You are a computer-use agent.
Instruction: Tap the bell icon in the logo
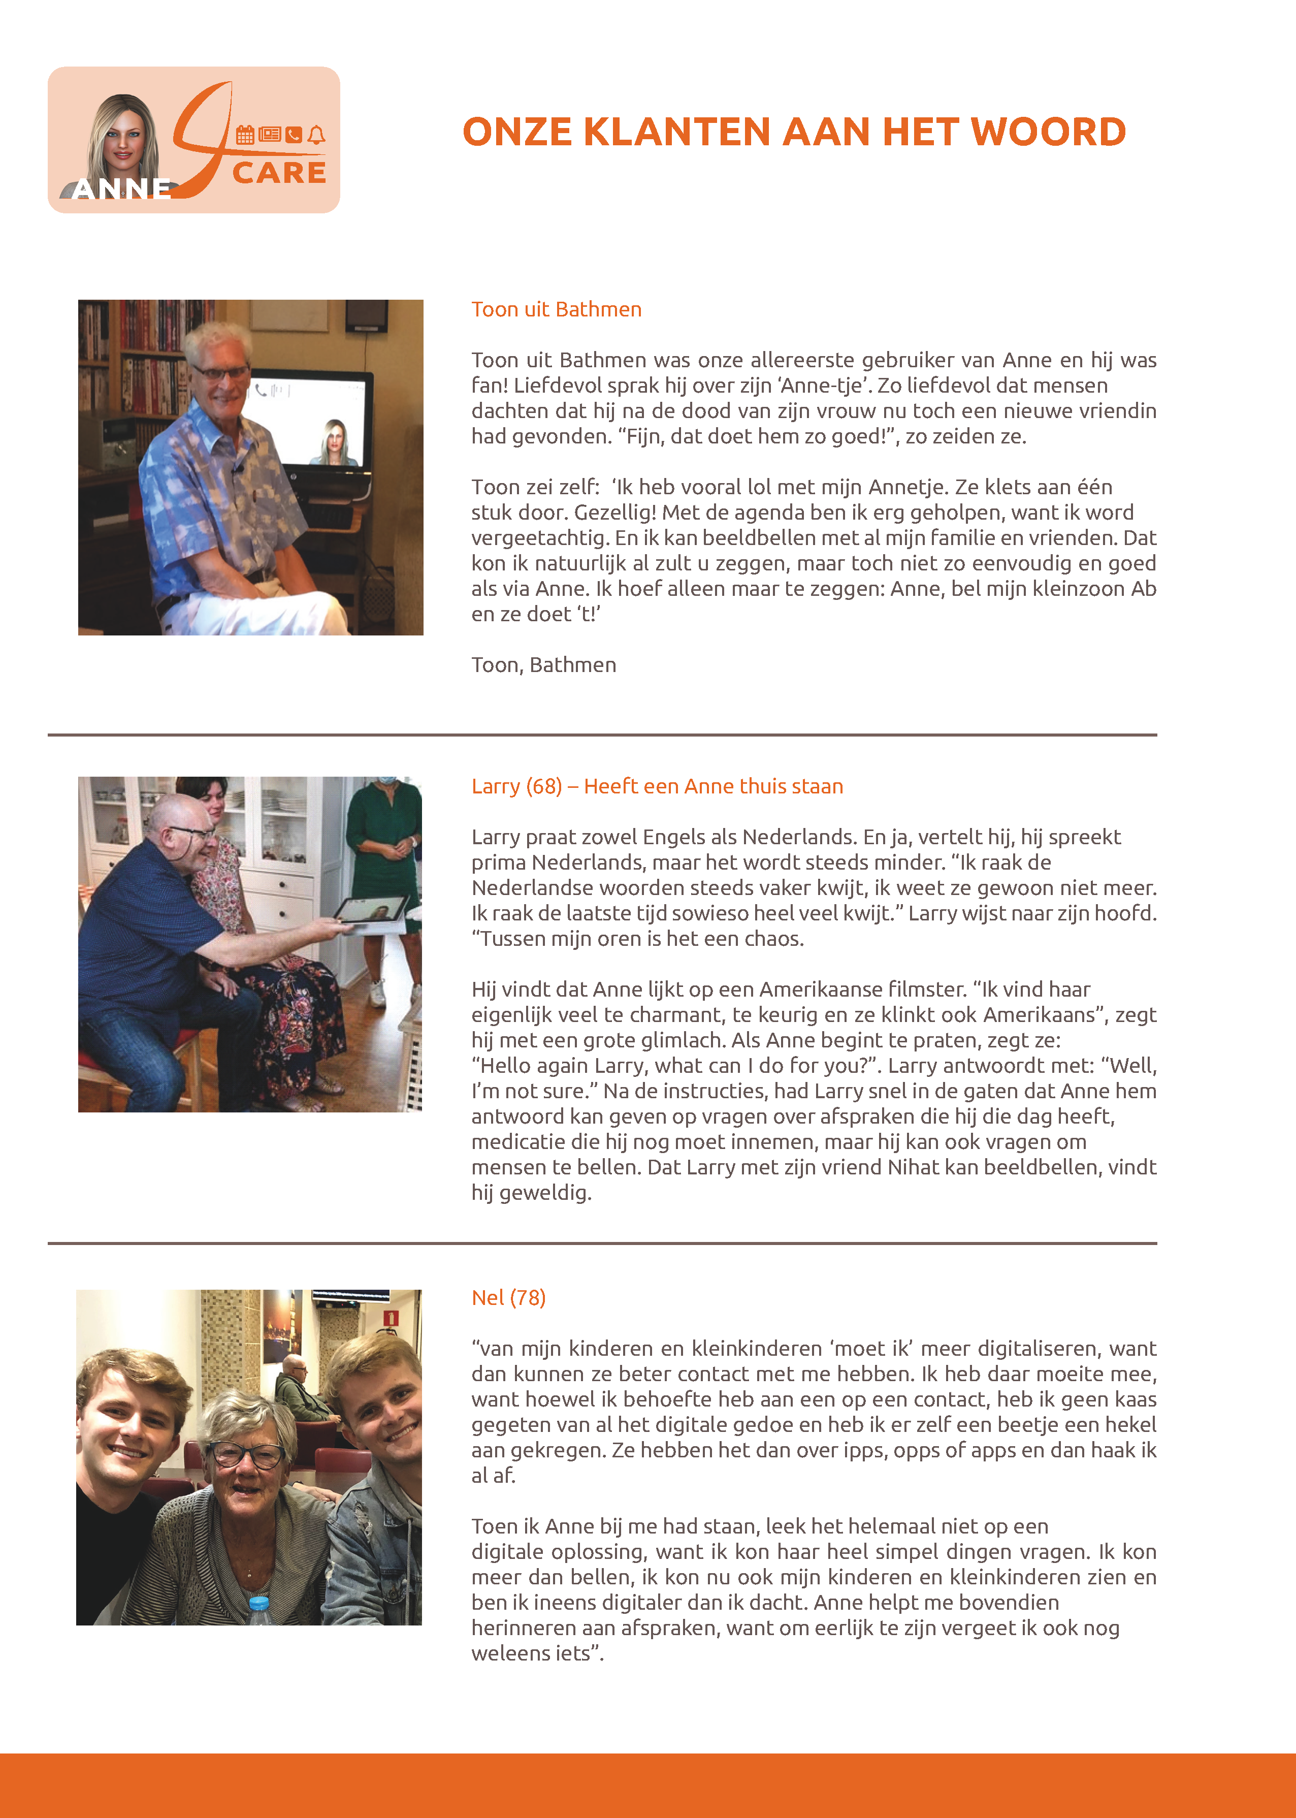coord(317,135)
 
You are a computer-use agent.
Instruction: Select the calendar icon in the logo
coord(245,135)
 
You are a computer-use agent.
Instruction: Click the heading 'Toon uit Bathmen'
coord(556,310)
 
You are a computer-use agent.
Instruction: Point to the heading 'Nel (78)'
coord(508,1298)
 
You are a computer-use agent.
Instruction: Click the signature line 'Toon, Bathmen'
coord(543,665)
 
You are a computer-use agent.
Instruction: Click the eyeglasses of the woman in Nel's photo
coord(246,1454)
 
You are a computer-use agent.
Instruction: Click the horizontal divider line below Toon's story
coord(602,734)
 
